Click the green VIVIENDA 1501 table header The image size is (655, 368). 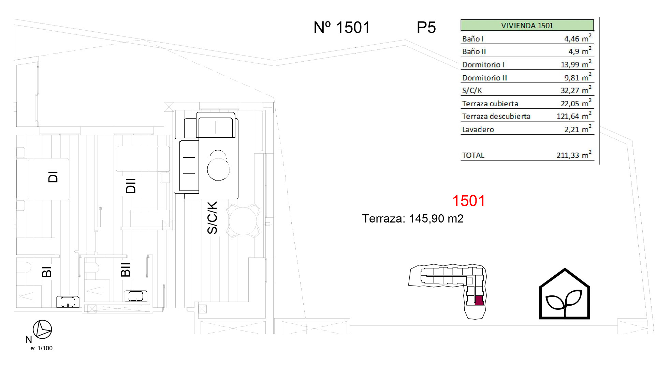(527, 26)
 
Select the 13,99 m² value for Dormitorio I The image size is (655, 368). (576, 64)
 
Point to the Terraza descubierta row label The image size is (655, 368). (496, 117)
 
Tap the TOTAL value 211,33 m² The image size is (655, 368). (574, 155)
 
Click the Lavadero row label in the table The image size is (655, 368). (478, 129)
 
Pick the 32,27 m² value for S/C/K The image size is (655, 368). (576, 90)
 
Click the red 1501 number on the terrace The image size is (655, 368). (468, 201)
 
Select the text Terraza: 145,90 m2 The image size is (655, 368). (413, 218)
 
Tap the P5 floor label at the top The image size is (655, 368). (426, 27)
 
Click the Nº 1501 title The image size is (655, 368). (341, 27)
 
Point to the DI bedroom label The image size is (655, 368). (53, 177)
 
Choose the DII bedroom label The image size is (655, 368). (131, 186)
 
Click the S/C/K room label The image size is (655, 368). (212, 218)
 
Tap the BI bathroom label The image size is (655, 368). (47, 272)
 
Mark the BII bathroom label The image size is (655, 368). (126, 269)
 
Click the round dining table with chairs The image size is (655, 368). (243, 221)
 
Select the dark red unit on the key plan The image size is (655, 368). (479, 300)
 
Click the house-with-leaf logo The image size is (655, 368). (564, 294)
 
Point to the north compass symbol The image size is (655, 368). (42, 329)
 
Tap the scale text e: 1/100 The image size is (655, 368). (42, 348)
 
